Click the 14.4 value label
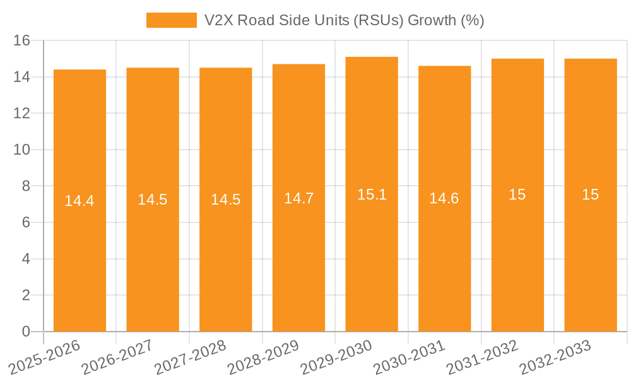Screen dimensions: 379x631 80,201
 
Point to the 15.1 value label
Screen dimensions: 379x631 372,195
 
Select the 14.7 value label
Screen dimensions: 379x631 298,198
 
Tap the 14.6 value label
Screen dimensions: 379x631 444,198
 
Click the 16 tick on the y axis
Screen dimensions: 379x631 22,40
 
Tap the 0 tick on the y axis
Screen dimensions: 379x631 26,332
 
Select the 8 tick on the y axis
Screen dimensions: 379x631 26,186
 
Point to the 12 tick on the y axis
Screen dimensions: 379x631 22,114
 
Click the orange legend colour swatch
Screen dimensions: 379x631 172,20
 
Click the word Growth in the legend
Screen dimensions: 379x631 432,20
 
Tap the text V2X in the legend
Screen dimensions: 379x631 218,20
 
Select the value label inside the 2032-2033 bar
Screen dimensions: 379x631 590,195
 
